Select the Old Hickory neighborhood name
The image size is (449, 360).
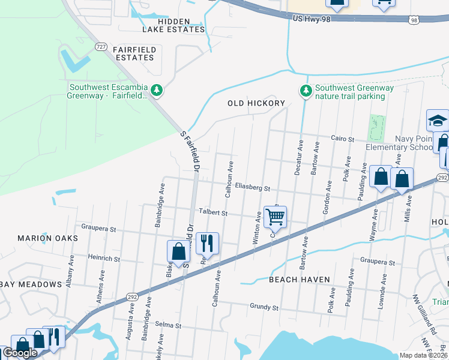[x=256, y=103]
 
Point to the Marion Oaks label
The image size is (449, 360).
[x=48, y=238]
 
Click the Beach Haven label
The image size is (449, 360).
[x=299, y=280]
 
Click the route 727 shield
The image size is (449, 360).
[x=101, y=47]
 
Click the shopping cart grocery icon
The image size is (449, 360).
[x=275, y=217]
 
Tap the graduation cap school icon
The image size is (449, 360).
[x=438, y=121]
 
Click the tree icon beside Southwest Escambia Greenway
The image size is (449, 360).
[x=157, y=90]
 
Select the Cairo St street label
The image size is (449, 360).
[x=343, y=138]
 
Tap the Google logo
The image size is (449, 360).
[x=20, y=353]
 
